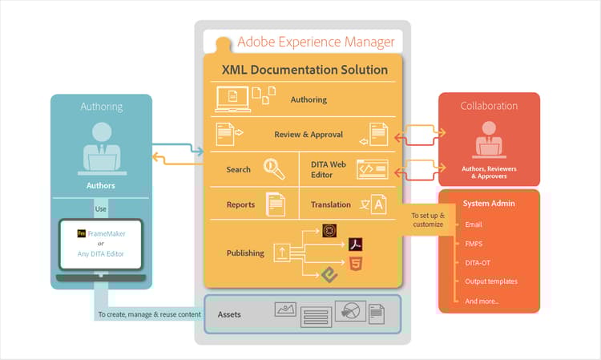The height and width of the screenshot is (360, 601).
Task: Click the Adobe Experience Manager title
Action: [316, 42]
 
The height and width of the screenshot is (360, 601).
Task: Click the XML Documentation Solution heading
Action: [305, 70]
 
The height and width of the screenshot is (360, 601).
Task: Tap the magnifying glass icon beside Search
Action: [275, 168]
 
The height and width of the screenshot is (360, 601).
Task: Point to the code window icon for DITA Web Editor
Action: [372, 169]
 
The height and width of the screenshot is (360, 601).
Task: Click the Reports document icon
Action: [275, 204]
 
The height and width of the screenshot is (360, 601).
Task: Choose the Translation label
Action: [330, 204]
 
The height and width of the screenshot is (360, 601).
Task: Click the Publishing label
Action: [245, 253]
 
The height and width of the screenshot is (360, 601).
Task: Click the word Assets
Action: [230, 314]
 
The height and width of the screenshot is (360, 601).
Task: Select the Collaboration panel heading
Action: [489, 106]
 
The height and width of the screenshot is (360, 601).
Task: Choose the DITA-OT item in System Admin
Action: [478, 261]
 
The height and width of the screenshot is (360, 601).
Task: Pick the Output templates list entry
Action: [490, 281]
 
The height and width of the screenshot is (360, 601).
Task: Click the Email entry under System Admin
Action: [474, 224]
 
